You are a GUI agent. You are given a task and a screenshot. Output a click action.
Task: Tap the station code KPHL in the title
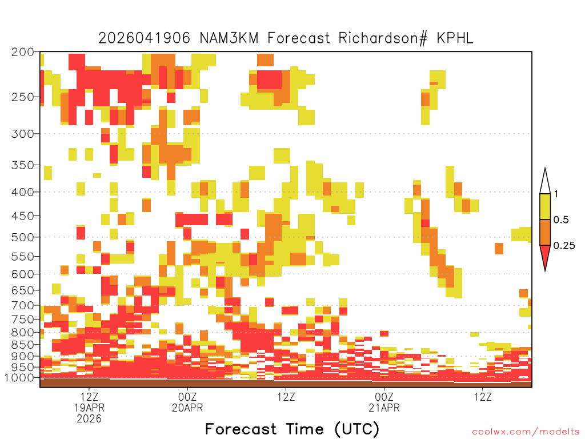tap(455, 38)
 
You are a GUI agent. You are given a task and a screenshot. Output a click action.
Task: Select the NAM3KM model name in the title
tap(229, 38)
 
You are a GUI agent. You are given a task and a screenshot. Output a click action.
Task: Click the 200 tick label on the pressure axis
tap(22, 52)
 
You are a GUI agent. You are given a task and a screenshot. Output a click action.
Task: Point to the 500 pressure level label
tap(22, 237)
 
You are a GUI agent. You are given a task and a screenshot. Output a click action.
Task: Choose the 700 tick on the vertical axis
tap(22, 306)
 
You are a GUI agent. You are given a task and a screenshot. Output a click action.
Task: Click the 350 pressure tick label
tap(22, 165)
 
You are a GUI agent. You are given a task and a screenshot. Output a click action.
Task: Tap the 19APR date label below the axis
tap(89, 408)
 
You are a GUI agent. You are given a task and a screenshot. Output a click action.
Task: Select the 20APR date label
tap(187, 408)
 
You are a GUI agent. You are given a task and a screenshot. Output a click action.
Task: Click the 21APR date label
tap(384, 408)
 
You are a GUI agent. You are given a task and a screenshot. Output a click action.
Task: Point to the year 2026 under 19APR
tap(89, 419)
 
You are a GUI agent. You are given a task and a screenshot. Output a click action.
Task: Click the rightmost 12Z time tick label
tap(483, 397)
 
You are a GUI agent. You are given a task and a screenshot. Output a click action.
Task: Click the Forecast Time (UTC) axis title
tap(292, 429)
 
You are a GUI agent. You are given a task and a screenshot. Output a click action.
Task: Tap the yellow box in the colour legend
tap(545, 206)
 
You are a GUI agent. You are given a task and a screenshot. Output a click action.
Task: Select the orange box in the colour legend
tap(545, 232)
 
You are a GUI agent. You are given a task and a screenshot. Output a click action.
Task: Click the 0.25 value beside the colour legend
tap(564, 246)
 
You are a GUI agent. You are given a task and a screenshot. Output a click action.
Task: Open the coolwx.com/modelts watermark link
tap(526, 432)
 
